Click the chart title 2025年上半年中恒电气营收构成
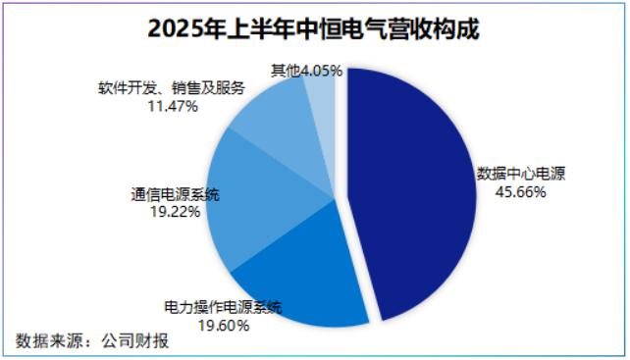pyautogui.click(x=313, y=28)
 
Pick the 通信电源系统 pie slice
pyautogui.click(x=257, y=197)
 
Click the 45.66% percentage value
pyautogui.click(x=520, y=192)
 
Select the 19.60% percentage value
pyautogui.click(x=224, y=325)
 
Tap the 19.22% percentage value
pyautogui.click(x=176, y=211)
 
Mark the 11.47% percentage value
pyautogui.click(x=173, y=106)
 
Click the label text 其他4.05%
pyautogui.click(x=306, y=71)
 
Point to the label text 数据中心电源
pyautogui.click(x=521, y=174)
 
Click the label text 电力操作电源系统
pyautogui.click(x=224, y=307)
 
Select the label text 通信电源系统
pyautogui.click(x=176, y=194)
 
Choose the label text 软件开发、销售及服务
pyautogui.click(x=172, y=87)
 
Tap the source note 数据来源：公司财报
pyautogui.click(x=92, y=340)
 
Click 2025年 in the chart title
pyautogui.click(x=185, y=28)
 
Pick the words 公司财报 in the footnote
pyautogui.click(x=135, y=340)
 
